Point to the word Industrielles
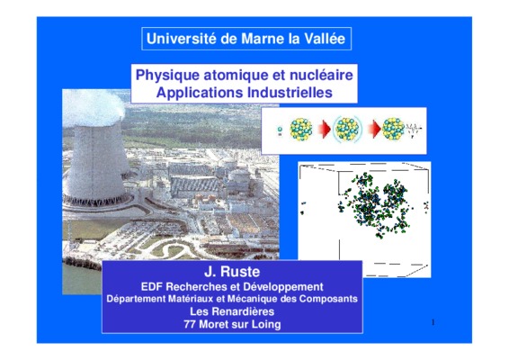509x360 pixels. (x=290, y=93)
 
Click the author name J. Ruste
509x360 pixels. (x=232, y=272)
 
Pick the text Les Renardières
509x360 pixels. (x=232, y=311)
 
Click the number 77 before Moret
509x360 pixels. (x=189, y=324)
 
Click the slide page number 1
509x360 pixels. (x=433, y=322)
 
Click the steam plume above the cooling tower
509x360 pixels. (x=94, y=107)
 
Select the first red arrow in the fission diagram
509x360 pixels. (x=325, y=130)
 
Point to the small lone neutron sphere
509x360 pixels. (x=280, y=130)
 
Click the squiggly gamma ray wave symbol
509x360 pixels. (x=413, y=129)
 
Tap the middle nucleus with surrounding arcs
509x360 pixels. (x=347, y=129)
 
